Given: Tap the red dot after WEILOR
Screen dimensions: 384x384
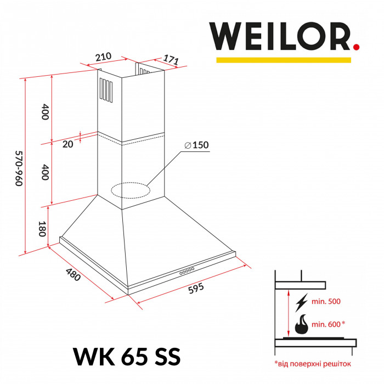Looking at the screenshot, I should (x=356, y=48).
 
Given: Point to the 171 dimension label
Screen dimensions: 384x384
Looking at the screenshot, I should (x=171, y=61).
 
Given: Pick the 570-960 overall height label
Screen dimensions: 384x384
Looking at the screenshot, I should (x=18, y=168).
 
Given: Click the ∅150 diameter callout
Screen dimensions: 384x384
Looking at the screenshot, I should (x=197, y=145).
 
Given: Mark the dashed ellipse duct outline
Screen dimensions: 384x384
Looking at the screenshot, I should (x=130, y=190).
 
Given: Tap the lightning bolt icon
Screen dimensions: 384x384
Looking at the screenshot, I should (x=301, y=302).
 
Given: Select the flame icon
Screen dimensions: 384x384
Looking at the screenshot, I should (x=301, y=325).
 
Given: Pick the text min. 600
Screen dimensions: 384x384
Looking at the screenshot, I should (x=329, y=325).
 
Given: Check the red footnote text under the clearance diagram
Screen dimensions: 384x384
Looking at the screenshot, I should (x=313, y=363).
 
